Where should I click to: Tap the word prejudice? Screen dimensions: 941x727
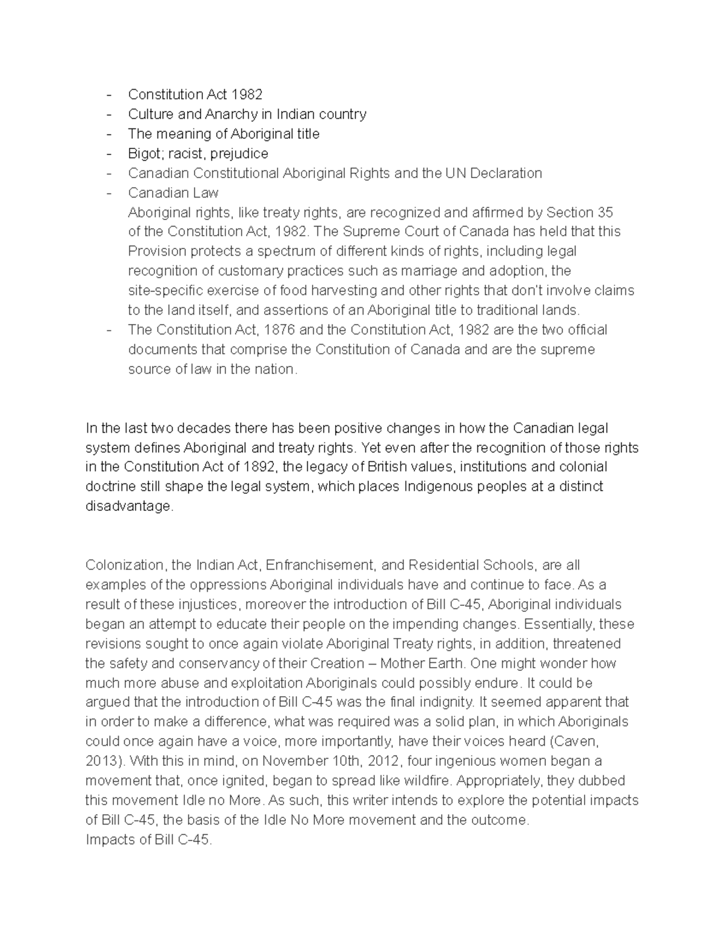239,153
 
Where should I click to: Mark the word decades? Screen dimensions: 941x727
202,428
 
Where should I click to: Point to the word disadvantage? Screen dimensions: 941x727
128,507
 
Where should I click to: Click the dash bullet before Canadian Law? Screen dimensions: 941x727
109,193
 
